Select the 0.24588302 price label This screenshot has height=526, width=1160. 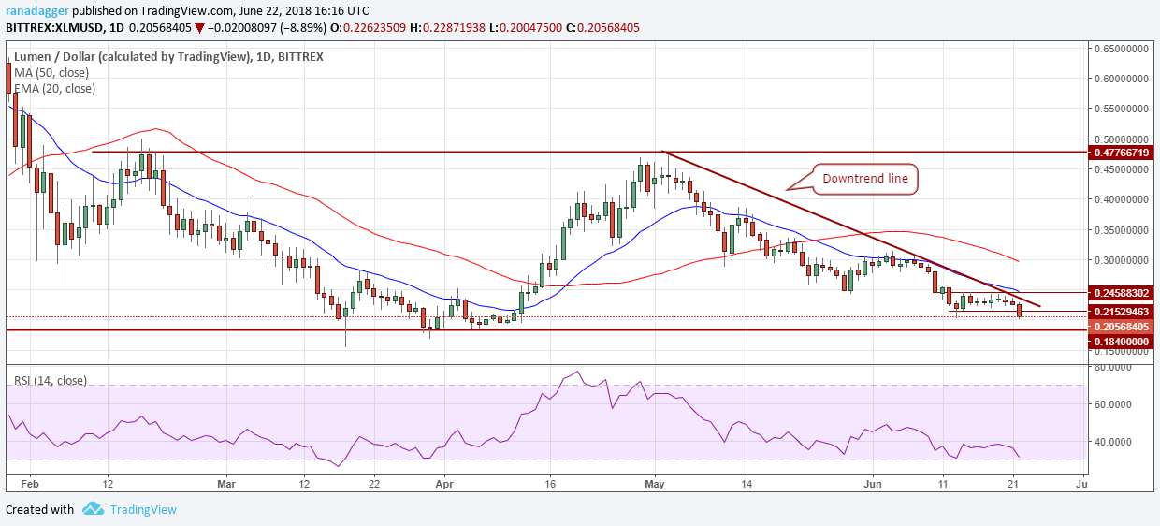tap(1122, 293)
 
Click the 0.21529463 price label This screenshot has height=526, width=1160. tap(1122, 311)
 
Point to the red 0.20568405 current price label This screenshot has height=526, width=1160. tap(1122, 327)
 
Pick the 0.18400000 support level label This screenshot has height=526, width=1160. tap(1122, 343)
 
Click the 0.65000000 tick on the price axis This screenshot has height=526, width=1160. tap(1122, 48)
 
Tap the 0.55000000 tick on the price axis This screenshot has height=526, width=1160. tap(1122, 109)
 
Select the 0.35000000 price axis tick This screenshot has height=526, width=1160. tap(1122, 229)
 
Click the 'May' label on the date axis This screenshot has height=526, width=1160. tap(655, 484)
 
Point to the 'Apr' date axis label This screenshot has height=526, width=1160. tap(444, 484)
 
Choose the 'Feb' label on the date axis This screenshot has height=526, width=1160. tap(29, 484)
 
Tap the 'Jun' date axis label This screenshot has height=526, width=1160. tap(872, 484)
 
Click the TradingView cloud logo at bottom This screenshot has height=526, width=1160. tap(93, 509)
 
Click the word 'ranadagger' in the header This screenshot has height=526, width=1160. tap(35, 9)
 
